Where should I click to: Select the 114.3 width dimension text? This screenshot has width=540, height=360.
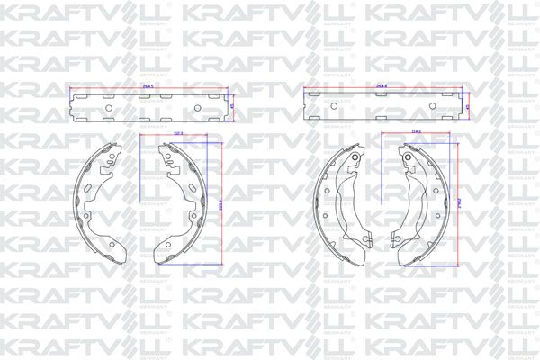click(x=416, y=134)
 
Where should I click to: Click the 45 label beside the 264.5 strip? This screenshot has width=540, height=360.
click(x=231, y=106)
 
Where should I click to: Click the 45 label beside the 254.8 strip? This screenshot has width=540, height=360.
click(x=470, y=106)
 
